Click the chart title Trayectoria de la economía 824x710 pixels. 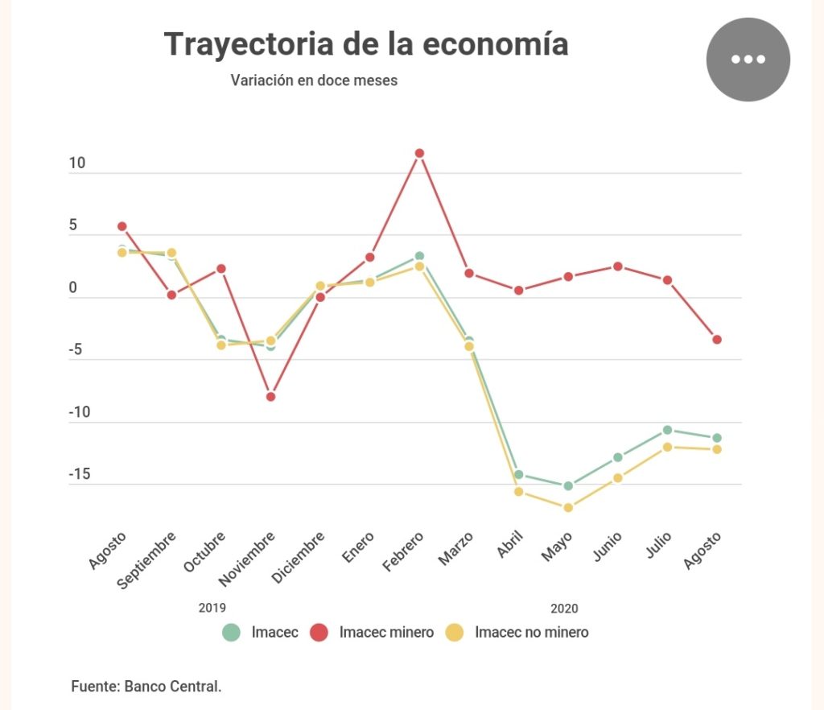coord(366,44)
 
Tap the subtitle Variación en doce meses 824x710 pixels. coord(314,80)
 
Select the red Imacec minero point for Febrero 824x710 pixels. coord(419,153)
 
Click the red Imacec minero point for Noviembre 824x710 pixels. coord(270,397)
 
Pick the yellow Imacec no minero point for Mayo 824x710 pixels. coord(568,508)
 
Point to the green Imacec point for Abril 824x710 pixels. coord(518,475)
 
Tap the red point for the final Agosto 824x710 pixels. coord(717,340)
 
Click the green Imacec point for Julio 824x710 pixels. coord(667,430)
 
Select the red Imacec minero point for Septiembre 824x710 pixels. coord(171,295)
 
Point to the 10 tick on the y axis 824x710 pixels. coord(77,163)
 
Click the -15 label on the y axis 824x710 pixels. coord(79,474)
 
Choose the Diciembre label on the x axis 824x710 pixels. coord(299,559)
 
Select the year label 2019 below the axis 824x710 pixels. coord(212,608)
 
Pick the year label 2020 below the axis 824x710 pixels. coord(564,608)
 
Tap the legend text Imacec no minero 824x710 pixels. coord(531,632)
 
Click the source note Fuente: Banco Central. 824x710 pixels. coord(146,687)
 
